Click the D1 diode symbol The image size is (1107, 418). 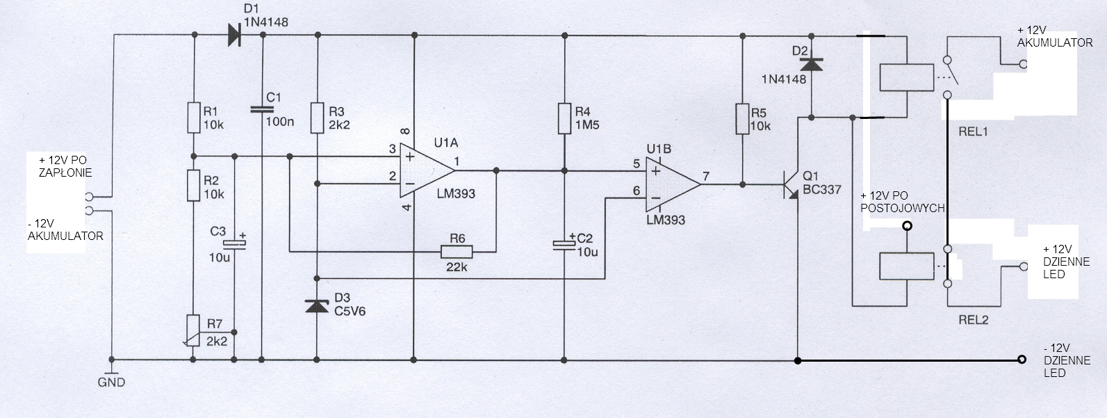236,35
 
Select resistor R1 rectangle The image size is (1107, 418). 194,118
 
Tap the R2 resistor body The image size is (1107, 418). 194,186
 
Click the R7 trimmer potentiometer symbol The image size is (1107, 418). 194,330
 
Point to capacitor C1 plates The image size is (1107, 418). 263,108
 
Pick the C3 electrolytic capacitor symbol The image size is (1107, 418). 234,243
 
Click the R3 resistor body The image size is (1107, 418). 318,118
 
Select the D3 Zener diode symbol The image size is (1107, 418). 318,306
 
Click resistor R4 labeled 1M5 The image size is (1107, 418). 565,118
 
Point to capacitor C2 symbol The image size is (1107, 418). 565,244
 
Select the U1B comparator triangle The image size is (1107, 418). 673,184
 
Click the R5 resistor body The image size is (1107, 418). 742,119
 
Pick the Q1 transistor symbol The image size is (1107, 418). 790,185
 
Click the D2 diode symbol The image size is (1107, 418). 812,64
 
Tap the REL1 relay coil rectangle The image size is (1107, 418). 907,77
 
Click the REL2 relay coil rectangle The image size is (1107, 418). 907,267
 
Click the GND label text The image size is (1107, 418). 111,383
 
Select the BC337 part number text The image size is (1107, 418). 822,189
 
